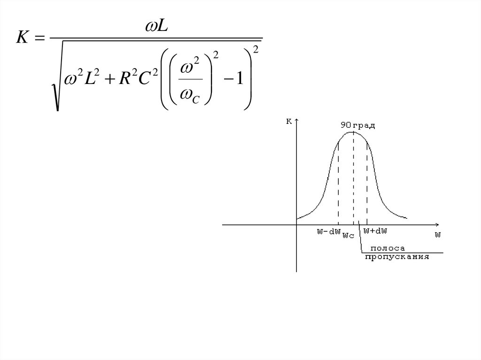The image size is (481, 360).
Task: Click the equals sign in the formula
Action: [41, 39]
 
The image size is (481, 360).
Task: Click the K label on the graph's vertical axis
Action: [289, 122]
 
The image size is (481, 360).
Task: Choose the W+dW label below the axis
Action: [375, 230]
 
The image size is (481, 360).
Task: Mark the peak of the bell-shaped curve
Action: [353, 132]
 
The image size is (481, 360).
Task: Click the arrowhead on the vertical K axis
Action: [296, 121]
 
